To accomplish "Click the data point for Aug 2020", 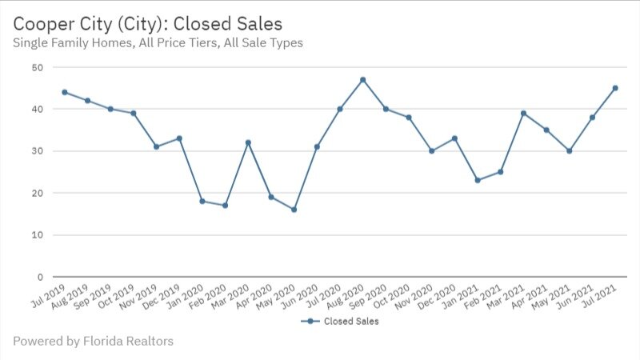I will click(362, 79).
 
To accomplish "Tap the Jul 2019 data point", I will click(64, 92).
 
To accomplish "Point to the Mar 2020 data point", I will click(248, 142).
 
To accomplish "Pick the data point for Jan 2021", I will click(478, 180).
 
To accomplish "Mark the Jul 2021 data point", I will click(615, 88).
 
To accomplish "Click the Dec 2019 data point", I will click(179, 138).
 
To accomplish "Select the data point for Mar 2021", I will click(523, 113).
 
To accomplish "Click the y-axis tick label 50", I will click(38, 67).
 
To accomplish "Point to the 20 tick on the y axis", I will click(38, 193).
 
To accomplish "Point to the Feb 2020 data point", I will click(225, 206).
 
